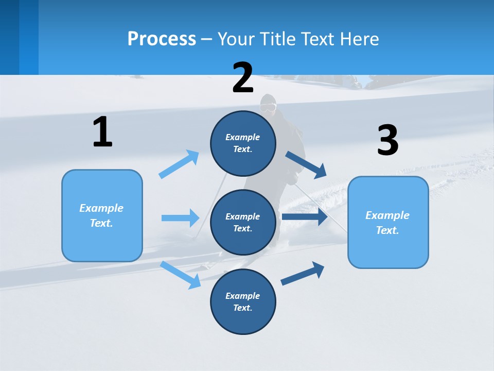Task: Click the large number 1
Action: (x=102, y=132)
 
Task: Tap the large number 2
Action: (x=243, y=78)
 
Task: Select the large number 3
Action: (x=388, y=140)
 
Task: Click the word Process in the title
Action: (x=162, y=39)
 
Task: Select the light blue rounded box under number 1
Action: (x=102, y=215)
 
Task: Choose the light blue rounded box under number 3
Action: (x=388, y=222)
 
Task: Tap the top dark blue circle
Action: (x=243, y=143)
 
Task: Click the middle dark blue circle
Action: (x=243, y=222)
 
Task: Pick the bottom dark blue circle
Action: (x=243, y=301)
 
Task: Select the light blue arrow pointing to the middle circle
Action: (x=180, y=218)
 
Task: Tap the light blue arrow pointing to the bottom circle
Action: (x=181, y=275)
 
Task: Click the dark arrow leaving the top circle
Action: (x=306, y=164)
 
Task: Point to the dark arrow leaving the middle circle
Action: (x=304, y=217)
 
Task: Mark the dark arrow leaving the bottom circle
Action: (x=303, y=273)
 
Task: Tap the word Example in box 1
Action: (x=101, y=208)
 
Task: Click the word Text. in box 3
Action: (x=387, y=230)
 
